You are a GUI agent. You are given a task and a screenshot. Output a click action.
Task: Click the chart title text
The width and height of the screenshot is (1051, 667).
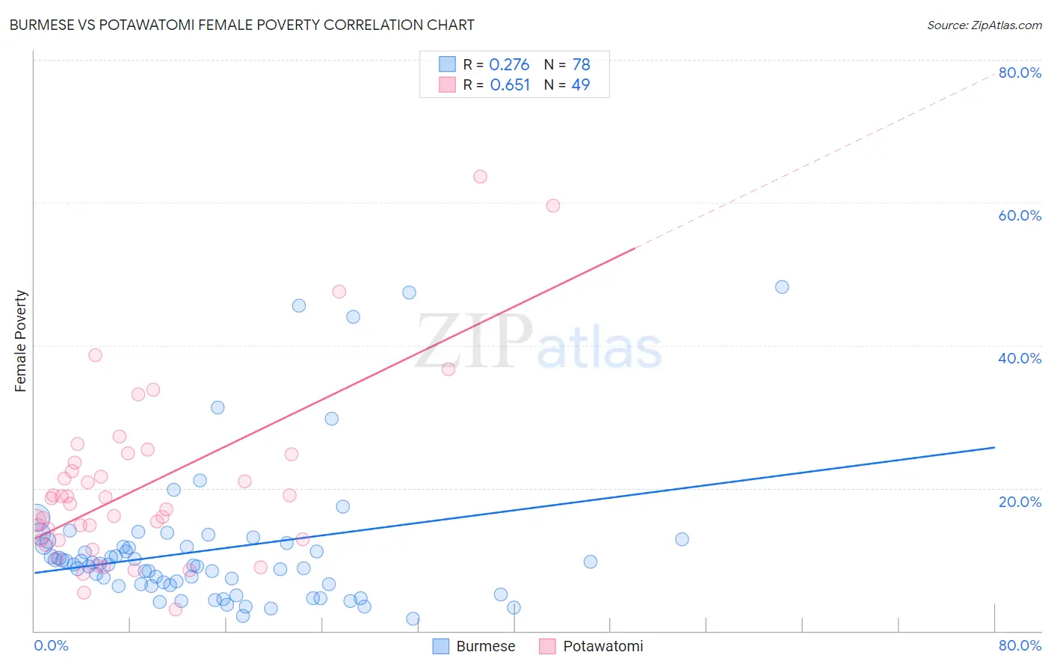241,25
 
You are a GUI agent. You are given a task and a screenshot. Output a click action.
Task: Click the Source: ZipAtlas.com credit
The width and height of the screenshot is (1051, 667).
984,25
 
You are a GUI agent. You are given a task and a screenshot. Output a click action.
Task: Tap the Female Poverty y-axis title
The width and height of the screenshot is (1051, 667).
21,341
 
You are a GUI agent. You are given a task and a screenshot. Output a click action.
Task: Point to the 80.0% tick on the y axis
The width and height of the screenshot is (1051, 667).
1020,73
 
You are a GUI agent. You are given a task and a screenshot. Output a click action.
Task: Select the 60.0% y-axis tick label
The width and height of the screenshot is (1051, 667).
1020,215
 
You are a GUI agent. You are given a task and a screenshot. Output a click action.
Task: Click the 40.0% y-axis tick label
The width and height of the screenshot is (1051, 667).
1020,358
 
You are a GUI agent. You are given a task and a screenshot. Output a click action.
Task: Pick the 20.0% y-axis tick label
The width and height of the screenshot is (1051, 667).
1020,501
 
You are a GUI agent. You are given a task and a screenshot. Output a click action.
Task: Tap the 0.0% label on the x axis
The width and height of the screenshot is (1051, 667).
51,645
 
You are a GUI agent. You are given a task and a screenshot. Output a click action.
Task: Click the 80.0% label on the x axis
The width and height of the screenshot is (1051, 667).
1020,645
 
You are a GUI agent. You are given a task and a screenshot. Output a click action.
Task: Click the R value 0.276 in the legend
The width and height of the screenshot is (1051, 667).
509,65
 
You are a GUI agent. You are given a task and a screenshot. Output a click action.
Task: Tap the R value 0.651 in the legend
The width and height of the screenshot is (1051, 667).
510,85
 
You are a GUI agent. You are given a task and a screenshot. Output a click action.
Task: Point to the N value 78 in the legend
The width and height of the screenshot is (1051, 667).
581,65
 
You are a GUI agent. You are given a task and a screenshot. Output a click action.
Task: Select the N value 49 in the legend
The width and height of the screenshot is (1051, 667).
580,85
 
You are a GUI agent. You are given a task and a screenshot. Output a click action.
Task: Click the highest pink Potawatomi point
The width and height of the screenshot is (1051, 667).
480,176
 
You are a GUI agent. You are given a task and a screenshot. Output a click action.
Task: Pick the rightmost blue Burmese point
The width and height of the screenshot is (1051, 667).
782,287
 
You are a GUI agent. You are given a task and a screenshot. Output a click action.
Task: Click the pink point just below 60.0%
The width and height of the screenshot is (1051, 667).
553,206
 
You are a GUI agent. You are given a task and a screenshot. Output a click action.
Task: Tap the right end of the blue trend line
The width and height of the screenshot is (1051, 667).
994,447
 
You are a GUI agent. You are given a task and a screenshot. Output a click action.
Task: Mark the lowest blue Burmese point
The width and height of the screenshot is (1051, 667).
413,618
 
